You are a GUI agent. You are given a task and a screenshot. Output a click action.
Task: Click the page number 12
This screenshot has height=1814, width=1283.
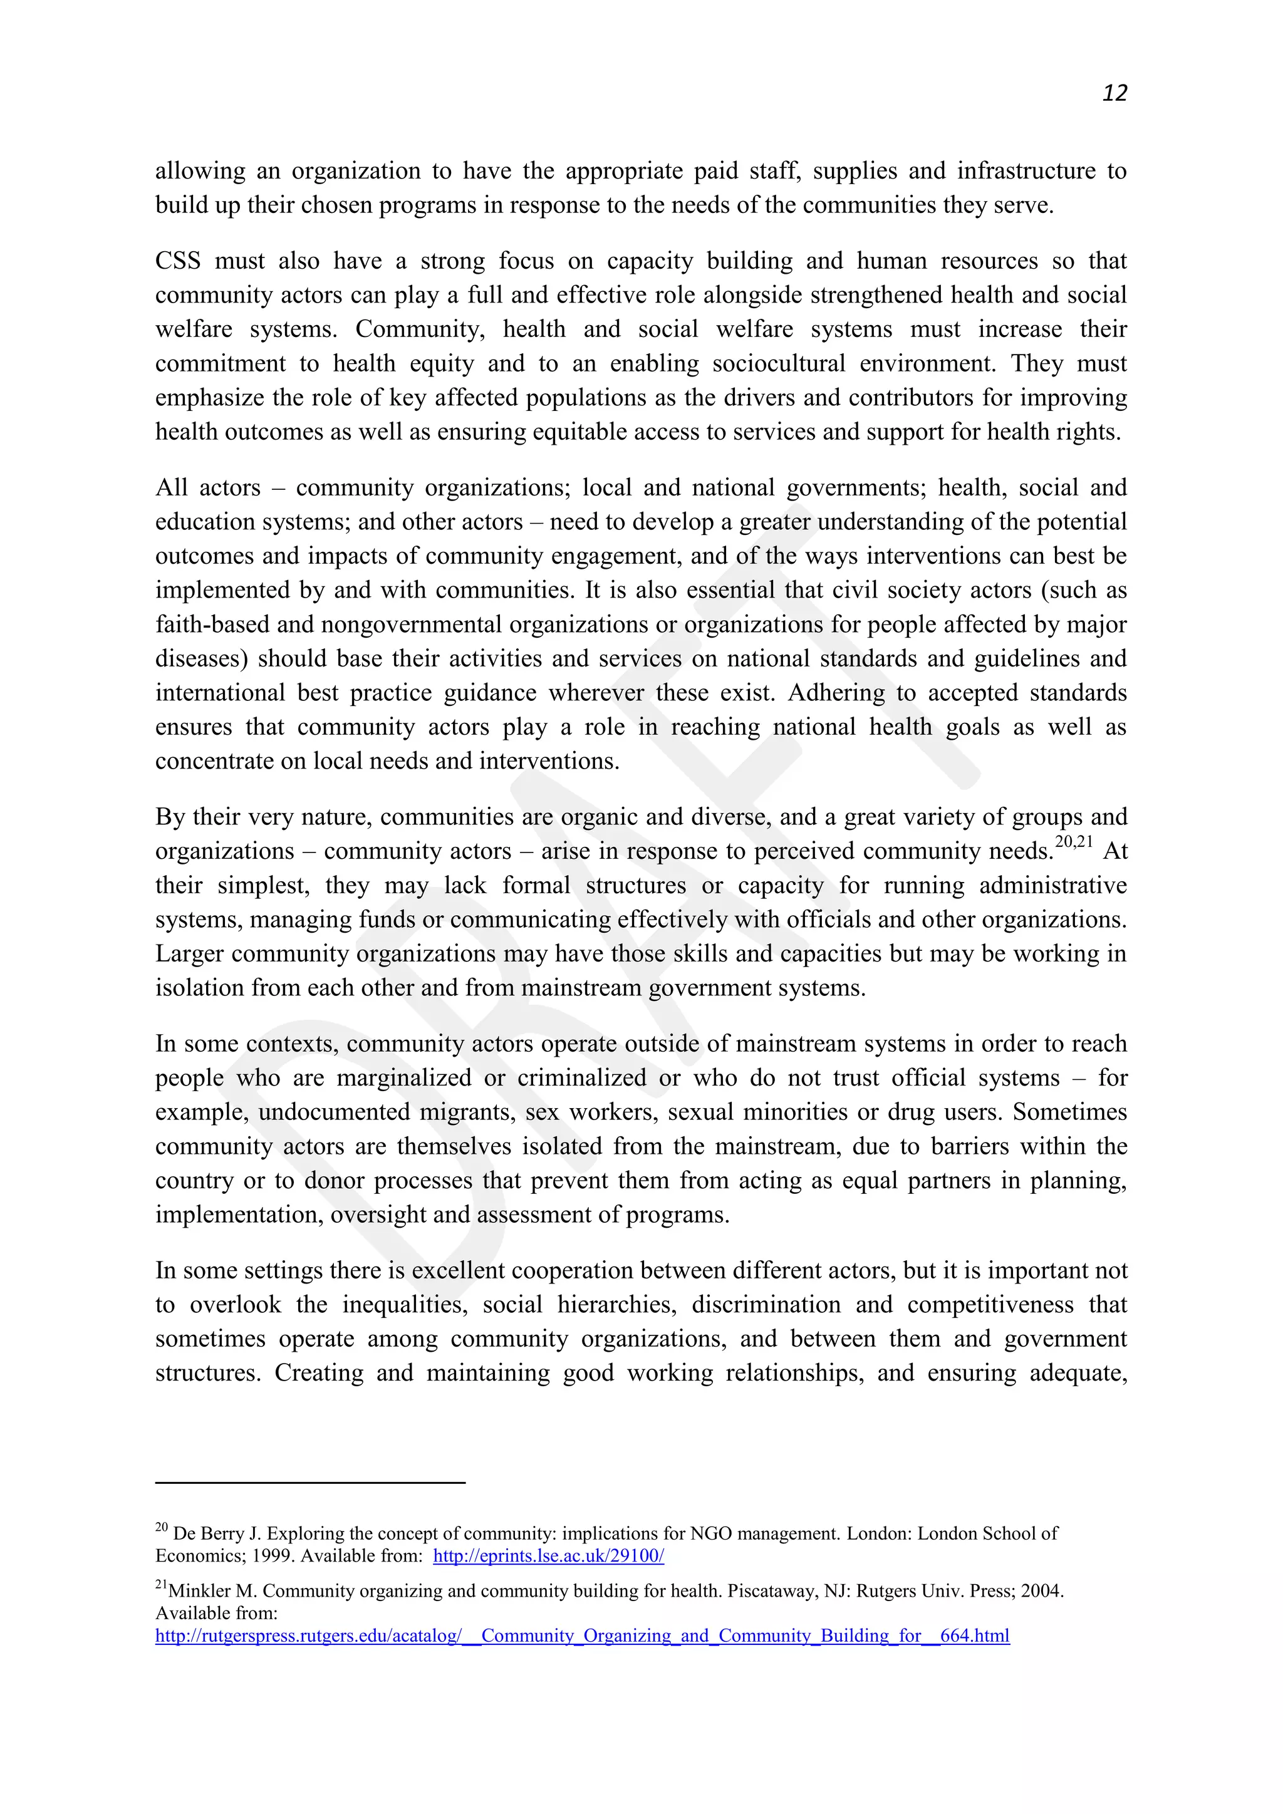[1114, 93]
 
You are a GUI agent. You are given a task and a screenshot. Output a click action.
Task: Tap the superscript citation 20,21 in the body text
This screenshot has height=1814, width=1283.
[1074, 842]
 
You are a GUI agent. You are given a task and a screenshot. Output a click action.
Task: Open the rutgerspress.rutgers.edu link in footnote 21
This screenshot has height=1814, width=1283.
[582, 1635]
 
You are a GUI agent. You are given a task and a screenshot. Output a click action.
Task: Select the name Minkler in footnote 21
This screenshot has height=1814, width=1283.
[200, 1590]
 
